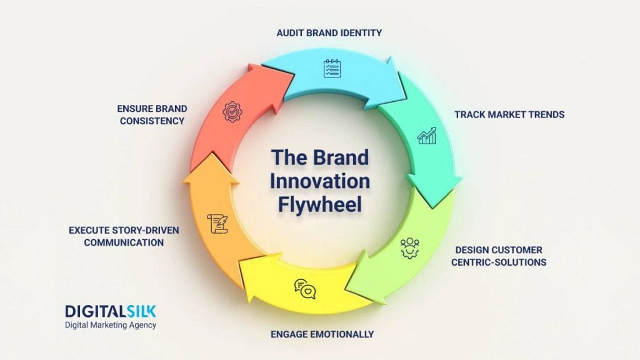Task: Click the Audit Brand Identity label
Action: click(329, 32)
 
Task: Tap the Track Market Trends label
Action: click(509, 114)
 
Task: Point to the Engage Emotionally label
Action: click(322, 334)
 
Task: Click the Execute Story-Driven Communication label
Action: click(124, 236)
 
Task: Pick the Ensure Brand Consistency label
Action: click(152, 114)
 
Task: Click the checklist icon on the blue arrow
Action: click(332, 68)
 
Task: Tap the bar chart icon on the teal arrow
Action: click(427, 135)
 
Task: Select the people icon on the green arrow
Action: click(410, 247)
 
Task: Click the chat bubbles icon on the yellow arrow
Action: click(304, 288)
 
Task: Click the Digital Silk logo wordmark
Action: click(111, 311)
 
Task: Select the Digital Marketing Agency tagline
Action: click(111, 325)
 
